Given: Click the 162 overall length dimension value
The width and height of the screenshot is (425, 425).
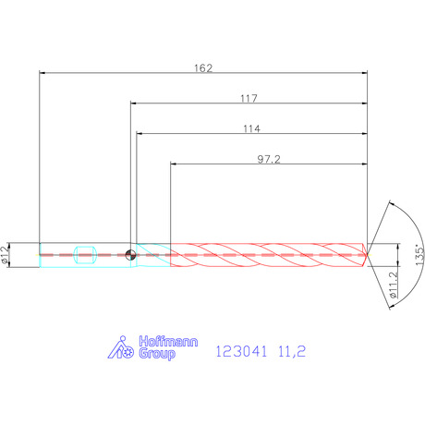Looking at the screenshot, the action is click(x=203, y=68).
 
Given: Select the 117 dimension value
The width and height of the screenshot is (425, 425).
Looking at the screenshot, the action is click(x=249, y=99).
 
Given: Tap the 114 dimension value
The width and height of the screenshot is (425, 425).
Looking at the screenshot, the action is click(x=252, y=128).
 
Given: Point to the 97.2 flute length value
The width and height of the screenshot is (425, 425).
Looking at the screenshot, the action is click(x=269, y=159).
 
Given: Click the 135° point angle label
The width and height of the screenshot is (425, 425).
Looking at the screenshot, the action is click(x=419, y=255).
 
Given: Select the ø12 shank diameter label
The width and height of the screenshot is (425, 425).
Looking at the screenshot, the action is click(x=5, y=255).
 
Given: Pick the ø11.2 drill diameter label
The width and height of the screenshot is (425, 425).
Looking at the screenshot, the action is click(x=394, y=285).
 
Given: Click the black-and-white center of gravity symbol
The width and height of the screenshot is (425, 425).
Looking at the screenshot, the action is click(x=130, y=255).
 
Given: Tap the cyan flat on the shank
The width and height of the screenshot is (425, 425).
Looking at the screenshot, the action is click(x=85, y=255).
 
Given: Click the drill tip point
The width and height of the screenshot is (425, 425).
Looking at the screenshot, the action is click(x=367, y=255).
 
